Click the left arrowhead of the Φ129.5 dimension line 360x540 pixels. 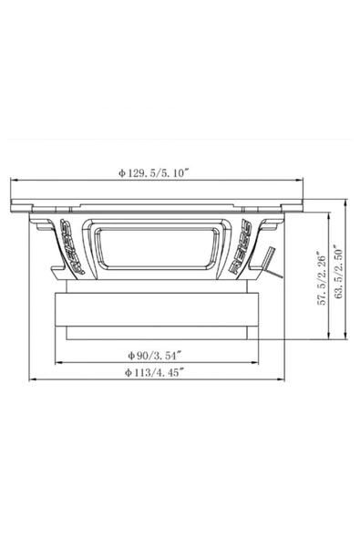12,178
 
